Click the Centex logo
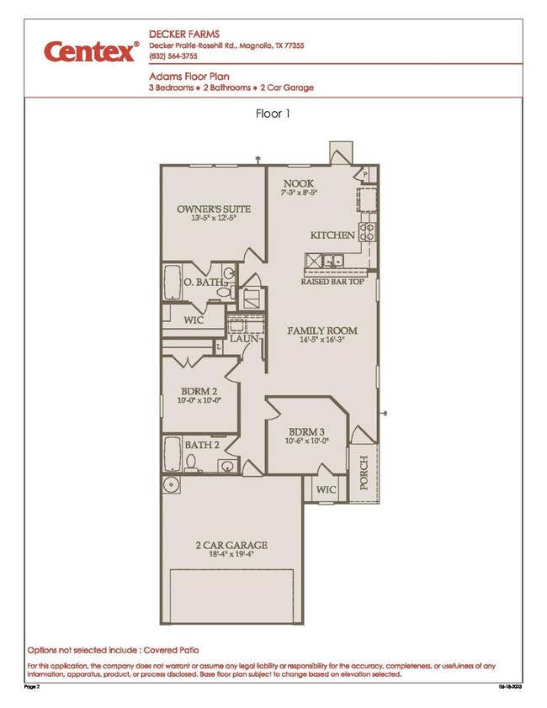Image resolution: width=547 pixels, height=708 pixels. [91, 52]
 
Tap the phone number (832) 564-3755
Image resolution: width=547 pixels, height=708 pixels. [173, 57]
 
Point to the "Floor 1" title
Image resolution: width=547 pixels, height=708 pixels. [273, 114]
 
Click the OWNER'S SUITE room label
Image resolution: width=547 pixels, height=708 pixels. [206, 209]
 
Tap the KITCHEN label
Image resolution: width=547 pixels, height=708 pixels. [332, 235]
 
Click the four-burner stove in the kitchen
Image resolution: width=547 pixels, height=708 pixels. [367, 230]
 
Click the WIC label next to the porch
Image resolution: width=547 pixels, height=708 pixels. [326, 489]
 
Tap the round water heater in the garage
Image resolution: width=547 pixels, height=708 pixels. [172, 484]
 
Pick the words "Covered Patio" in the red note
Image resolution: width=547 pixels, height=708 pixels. [172, 650]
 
